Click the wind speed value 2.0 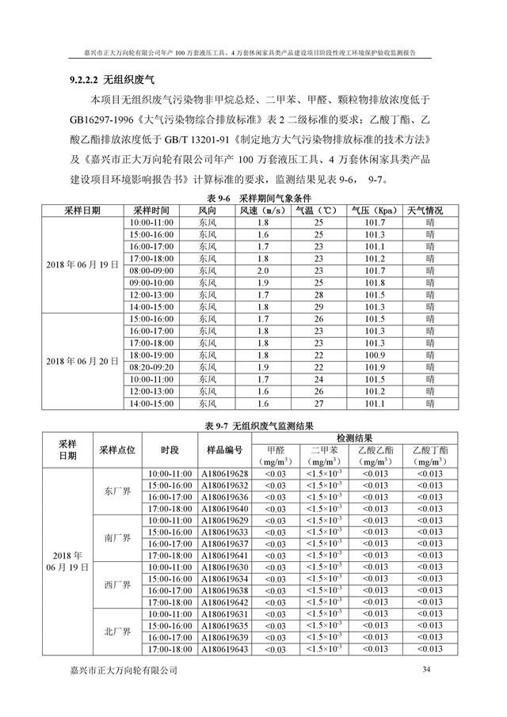pos(262,271)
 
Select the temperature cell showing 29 pos(319,306)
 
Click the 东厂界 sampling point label pos(118,491)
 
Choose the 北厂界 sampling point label pos(118,632)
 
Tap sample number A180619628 pos(224,473)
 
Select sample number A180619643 pos(224,649)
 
